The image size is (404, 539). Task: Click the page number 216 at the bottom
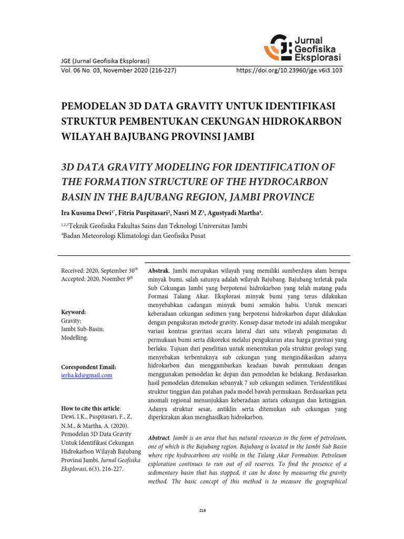(202, 510)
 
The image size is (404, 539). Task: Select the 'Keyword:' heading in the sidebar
(74, 312)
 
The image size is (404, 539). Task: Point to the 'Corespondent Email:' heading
(89, 367)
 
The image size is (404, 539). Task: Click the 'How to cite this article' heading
(91, 408)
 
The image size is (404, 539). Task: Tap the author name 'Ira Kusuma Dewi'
(87, 213)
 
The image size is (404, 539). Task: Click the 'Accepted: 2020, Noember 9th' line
(97, 279)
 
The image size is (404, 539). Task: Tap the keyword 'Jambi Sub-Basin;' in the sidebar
(83, 329)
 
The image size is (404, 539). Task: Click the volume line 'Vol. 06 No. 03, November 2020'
(119, 69)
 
